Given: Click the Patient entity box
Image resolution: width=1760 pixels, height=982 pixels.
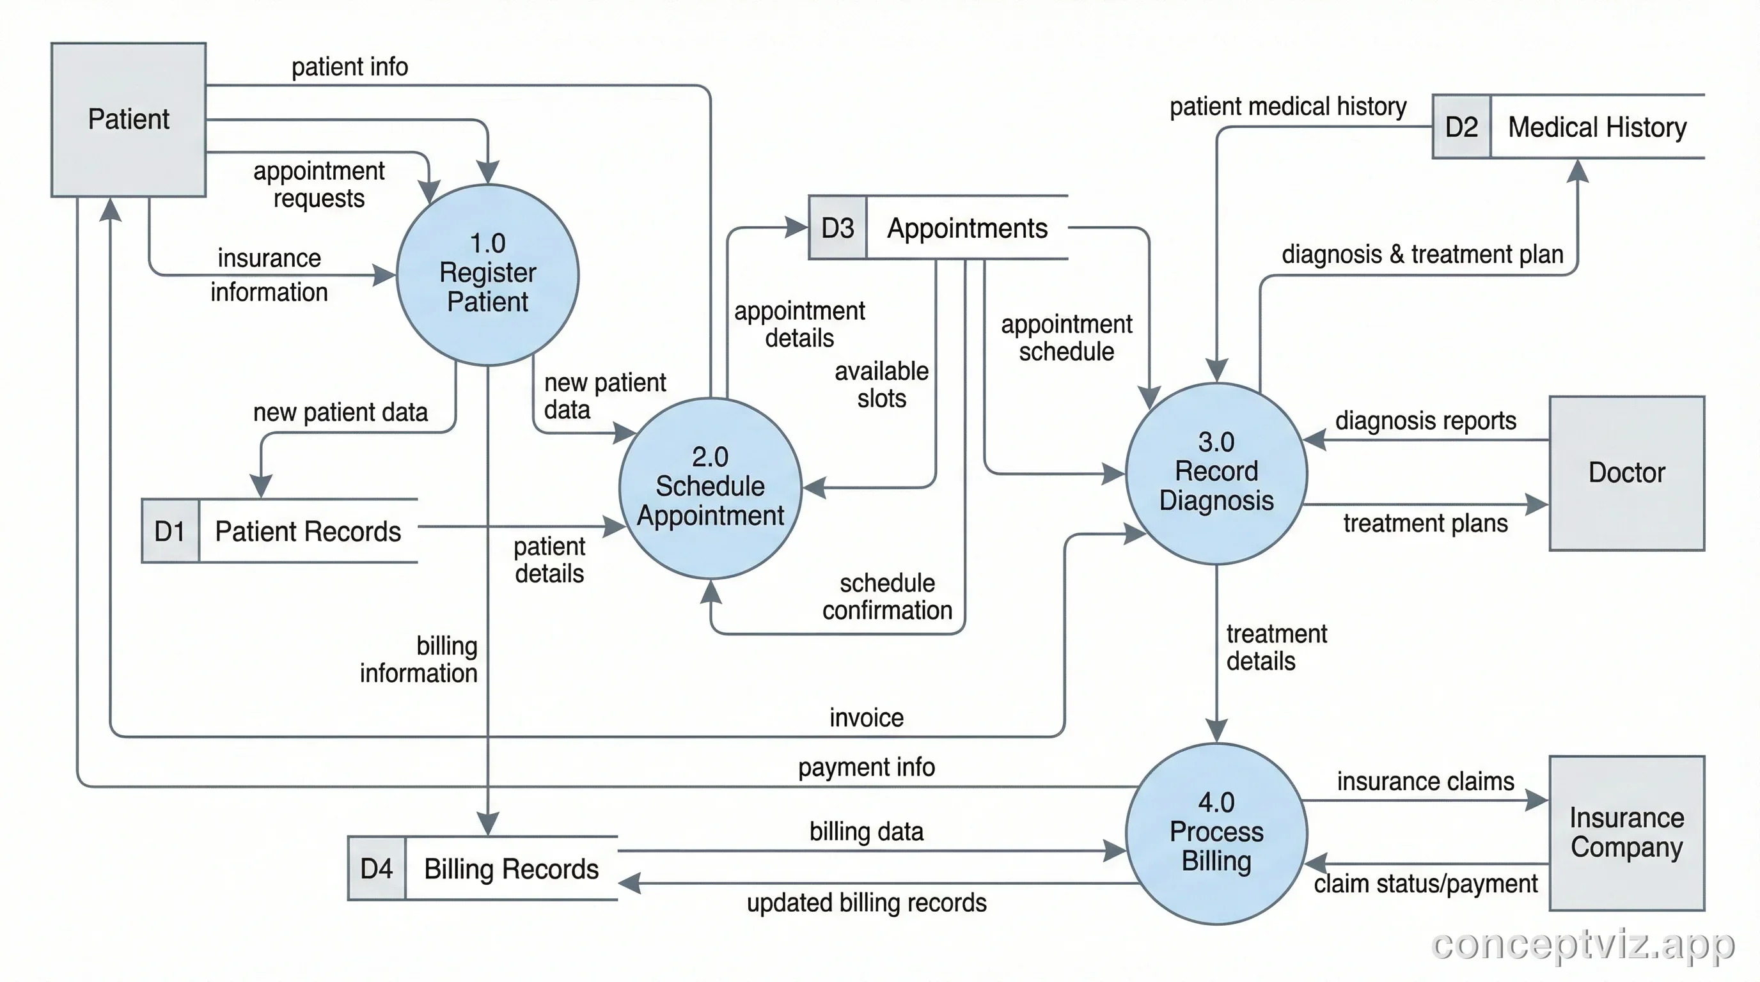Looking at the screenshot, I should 129,120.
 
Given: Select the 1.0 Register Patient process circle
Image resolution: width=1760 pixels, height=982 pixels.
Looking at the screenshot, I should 487,274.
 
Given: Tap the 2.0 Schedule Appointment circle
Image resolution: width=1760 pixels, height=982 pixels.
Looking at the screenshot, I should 710,488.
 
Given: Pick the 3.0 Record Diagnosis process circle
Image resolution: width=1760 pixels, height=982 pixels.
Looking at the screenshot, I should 1216,472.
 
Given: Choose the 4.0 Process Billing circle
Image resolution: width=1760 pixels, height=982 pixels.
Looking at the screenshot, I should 1216,832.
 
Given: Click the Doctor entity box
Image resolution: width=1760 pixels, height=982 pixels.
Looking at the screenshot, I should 1626,472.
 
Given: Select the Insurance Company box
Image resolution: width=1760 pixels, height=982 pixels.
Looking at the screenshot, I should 1626,832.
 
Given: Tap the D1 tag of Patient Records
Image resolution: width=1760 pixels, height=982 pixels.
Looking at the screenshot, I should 170,531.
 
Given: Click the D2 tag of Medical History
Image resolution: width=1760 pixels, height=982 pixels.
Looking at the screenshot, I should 1461,127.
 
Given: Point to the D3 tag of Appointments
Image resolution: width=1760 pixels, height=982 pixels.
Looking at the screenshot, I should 837,228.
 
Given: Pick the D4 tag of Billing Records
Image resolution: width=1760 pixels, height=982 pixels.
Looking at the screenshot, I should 377,869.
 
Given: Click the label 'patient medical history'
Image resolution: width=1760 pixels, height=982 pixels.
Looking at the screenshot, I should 1287,107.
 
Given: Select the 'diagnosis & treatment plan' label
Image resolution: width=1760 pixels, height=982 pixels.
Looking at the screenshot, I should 1422,254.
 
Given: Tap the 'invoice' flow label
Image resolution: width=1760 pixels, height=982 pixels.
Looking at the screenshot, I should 866,718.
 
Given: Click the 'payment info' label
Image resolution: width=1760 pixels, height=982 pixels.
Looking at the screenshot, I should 866,767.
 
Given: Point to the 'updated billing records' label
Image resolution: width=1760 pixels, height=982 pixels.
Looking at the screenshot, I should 866,903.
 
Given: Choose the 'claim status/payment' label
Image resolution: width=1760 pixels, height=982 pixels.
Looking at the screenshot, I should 1426,884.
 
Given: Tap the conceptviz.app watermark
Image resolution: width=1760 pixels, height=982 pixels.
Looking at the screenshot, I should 1582,944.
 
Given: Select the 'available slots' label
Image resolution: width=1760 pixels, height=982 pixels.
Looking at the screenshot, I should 881,384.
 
